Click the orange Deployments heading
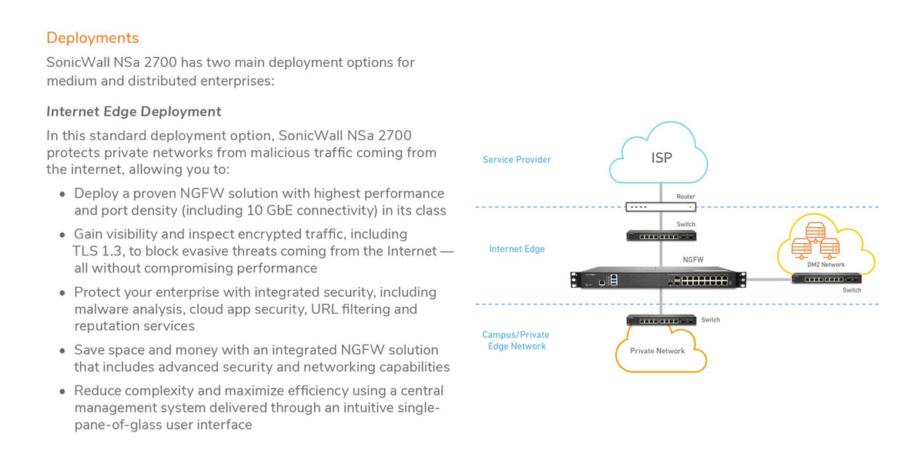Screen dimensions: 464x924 [92, 38]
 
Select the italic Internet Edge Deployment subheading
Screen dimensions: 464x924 [134, 112]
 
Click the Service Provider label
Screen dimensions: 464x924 [517, 160]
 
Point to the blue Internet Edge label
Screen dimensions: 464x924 [517, 249]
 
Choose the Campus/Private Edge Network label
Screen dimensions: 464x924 [516, 341]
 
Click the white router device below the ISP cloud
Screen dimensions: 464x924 [661, 207]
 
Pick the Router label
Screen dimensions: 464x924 [685, 197]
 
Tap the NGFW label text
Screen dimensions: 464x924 [693, 260]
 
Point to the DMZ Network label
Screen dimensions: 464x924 [825, 265]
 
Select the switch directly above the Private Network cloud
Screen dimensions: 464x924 [661, 320]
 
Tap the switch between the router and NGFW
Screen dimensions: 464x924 [661, 235]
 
